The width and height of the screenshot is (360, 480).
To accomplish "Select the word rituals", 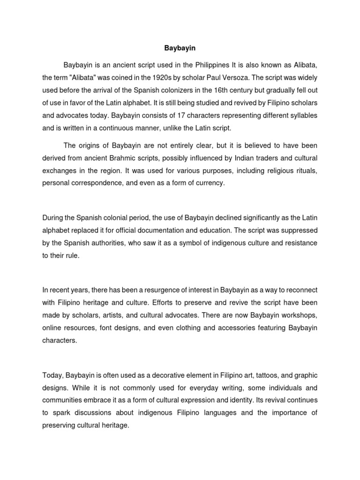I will (x=305, y=171).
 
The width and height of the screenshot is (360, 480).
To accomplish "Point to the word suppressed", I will (x=294, y=230).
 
